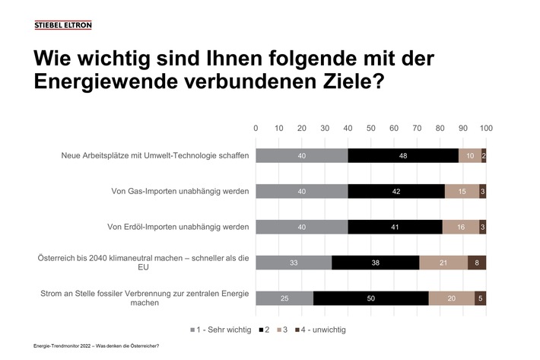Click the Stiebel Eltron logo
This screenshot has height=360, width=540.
tap(63, 25)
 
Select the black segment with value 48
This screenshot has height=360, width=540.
tap(403, 155)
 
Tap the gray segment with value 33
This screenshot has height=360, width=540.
tap(294, 263)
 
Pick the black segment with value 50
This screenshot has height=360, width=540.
tap(370, 298)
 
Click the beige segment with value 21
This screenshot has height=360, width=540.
tap(443, 263)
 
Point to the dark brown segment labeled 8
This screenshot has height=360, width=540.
tap(477, 263)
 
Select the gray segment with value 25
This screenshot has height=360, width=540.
tap(284, 298)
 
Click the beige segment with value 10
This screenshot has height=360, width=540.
tap(470, 155)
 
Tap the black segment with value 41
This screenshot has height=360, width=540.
tap(395, 227)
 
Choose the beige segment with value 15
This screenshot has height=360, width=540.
tap(462, 191)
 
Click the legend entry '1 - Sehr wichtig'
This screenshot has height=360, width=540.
tap(221, 330)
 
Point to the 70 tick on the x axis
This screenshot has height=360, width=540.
tap(417, 128)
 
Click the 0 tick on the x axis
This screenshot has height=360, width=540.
tap(256, 128)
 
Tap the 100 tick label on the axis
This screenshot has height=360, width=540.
tap(486, 128)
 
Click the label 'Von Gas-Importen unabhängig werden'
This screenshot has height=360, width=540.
tap(180, 191)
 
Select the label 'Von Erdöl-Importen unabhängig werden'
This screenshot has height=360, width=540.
tap(177, 227)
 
